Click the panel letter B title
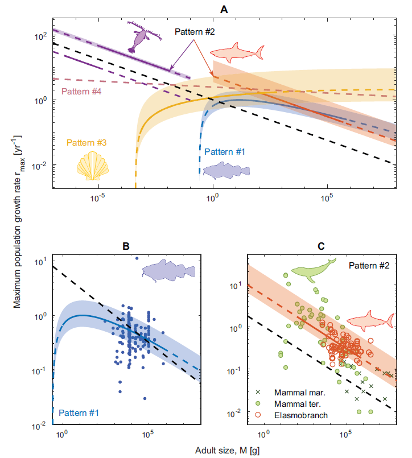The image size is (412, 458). click(x=126, y=246)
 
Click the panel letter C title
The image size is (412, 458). click(x=322, y=246)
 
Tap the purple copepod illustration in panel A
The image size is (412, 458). click(x=138, y=38)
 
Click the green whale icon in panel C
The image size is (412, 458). click(x=312, y=270)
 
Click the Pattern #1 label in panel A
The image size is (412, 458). click(x=224, y=152)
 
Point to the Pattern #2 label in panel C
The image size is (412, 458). click(x=369, y=265)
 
